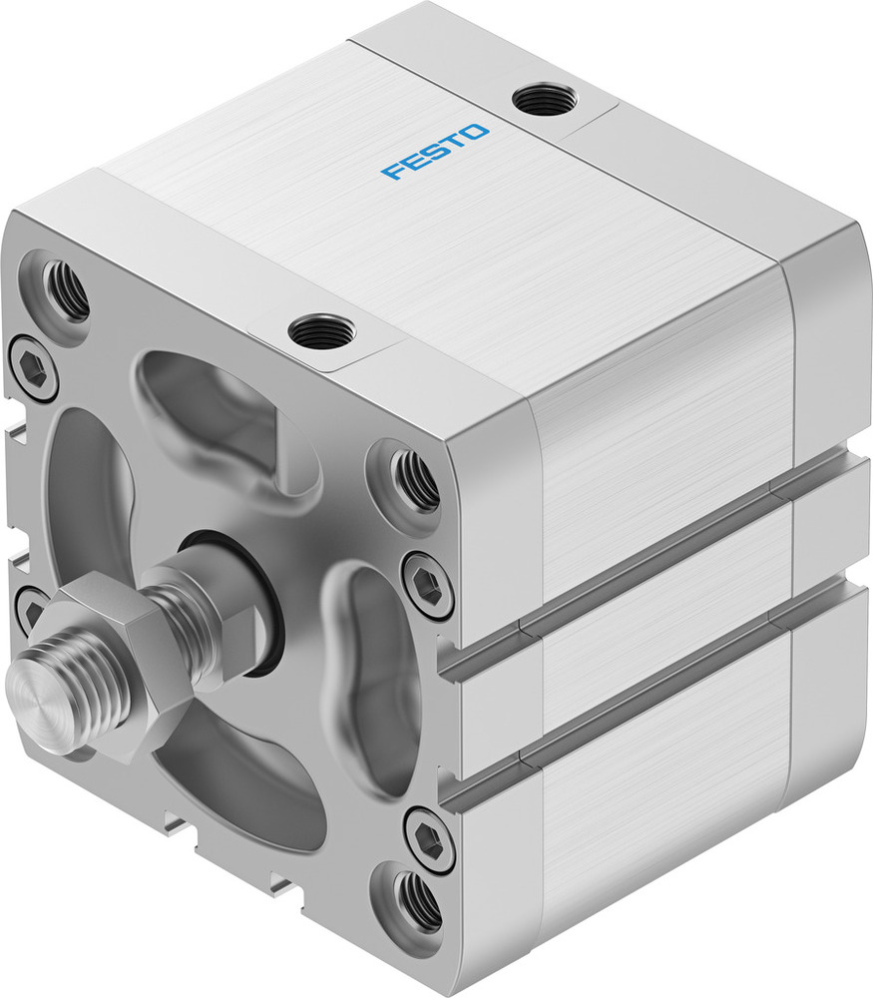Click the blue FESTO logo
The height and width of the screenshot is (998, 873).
pos(436,152)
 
